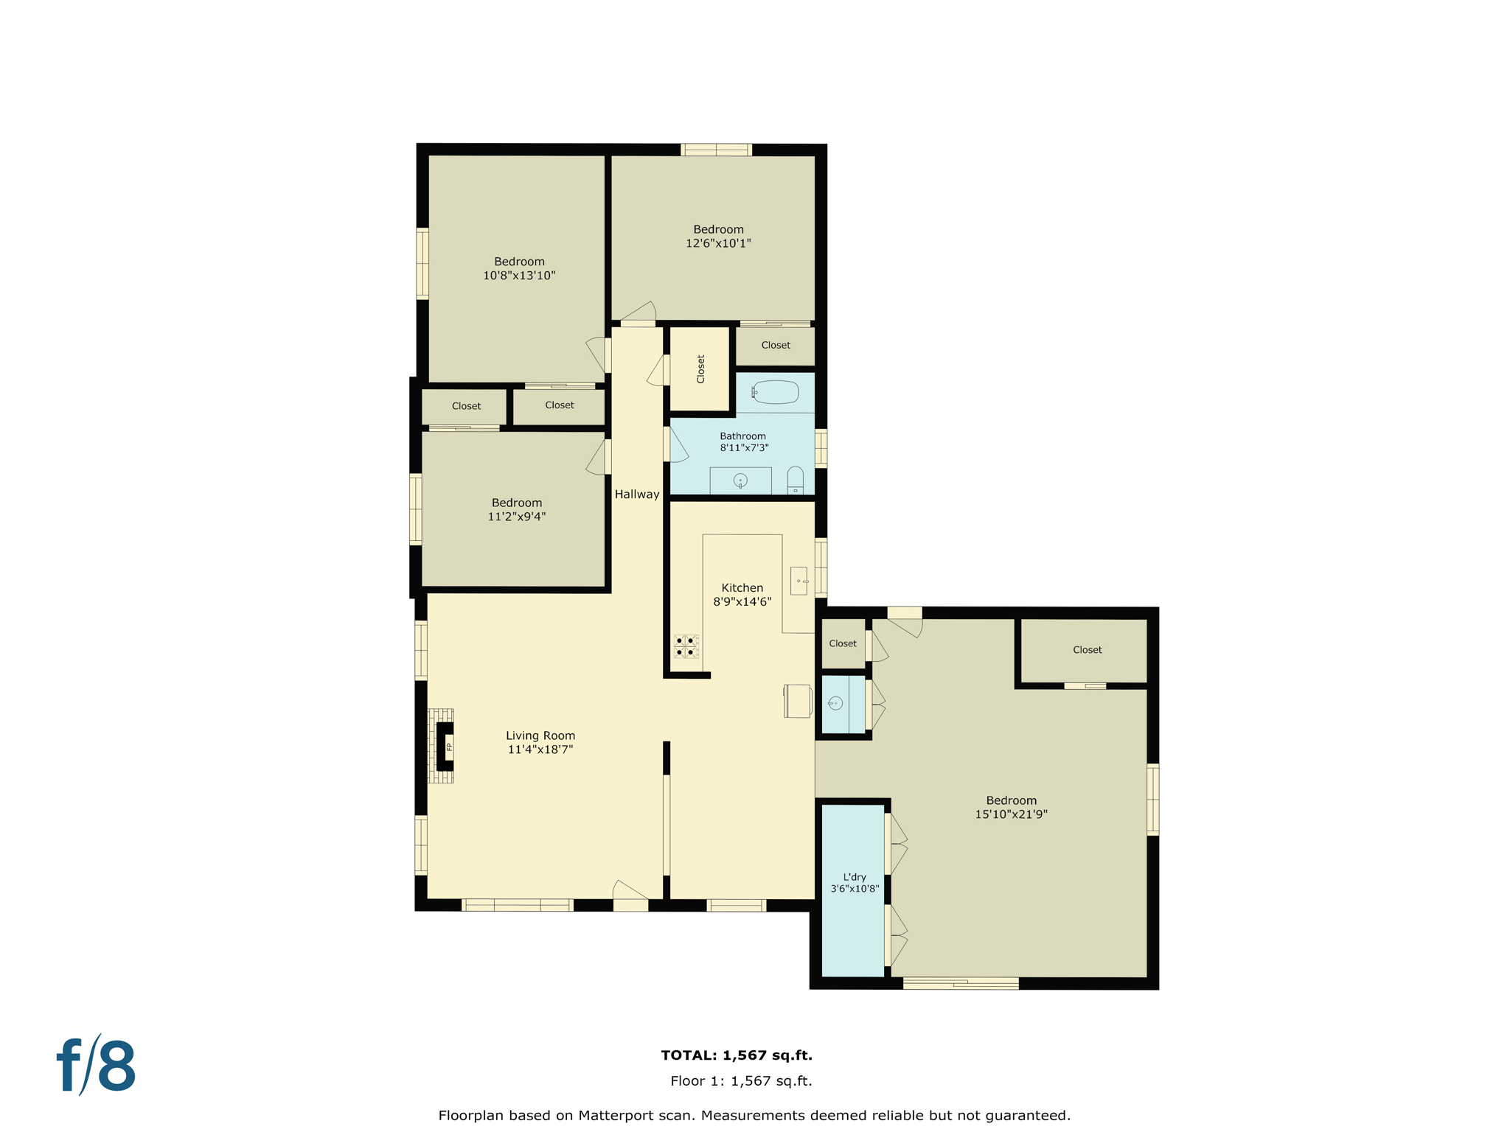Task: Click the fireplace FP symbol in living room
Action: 448,747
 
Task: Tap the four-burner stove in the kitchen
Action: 685,646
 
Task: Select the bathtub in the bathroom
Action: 776,392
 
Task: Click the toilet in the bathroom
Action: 795,480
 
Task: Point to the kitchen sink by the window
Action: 799,581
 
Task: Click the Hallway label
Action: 637,495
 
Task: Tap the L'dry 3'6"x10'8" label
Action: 855,883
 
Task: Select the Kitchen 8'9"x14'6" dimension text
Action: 742,601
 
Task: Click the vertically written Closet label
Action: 700,369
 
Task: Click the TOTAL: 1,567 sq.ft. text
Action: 736,1055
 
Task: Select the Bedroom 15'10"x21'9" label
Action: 1011,807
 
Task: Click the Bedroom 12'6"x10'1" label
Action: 718,236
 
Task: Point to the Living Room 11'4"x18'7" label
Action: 540,742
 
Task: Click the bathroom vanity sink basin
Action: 740,481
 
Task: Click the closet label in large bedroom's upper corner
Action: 1087,649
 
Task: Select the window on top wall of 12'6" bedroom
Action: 716,150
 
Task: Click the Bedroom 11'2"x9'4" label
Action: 516,509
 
